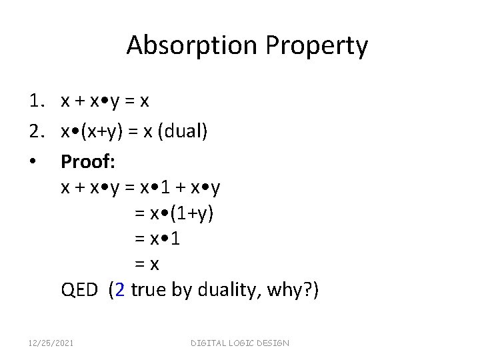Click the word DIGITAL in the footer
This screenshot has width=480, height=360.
coord(209,343)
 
